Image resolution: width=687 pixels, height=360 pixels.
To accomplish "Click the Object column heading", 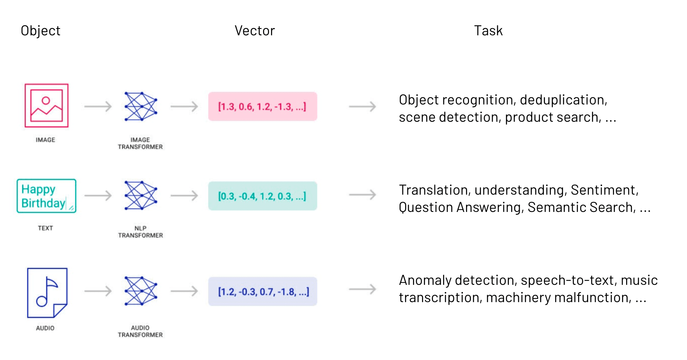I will coord(41,31).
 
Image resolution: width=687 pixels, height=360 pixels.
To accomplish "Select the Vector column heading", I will coord(255,31).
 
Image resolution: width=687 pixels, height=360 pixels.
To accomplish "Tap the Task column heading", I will coord(488,31).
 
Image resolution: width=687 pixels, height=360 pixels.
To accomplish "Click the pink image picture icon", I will coord(47,106).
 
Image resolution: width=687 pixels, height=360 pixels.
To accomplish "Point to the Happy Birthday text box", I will coord(47,196).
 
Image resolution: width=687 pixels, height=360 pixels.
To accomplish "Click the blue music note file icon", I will coord(47,293).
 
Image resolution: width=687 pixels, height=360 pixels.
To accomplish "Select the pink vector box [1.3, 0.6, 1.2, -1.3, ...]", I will coord(262,107).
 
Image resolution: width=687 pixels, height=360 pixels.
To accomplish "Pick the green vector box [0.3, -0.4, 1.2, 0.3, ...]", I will coord(262,196).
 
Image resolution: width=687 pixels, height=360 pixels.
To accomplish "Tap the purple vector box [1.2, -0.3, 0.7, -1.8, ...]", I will coord(262,292).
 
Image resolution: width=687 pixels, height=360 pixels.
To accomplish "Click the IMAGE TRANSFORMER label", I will coord(140,143).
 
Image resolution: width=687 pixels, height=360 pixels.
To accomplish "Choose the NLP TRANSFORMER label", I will coord(140,232).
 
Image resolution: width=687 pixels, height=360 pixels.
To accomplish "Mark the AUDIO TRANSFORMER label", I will coord(140,331).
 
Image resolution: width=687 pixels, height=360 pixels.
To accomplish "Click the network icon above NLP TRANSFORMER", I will coord(141,195).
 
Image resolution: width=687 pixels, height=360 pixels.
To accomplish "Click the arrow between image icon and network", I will coord(98,107).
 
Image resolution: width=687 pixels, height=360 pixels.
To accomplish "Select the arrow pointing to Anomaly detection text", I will coord(362,289).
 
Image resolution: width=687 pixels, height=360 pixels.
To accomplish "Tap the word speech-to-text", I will coord(569,280).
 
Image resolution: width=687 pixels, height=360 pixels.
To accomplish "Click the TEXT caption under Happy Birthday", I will coord(45,228).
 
